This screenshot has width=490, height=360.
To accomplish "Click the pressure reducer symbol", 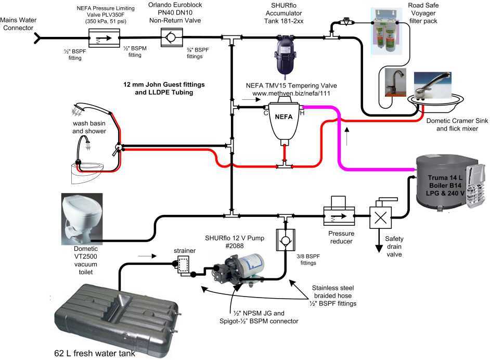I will coord(338,213).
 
